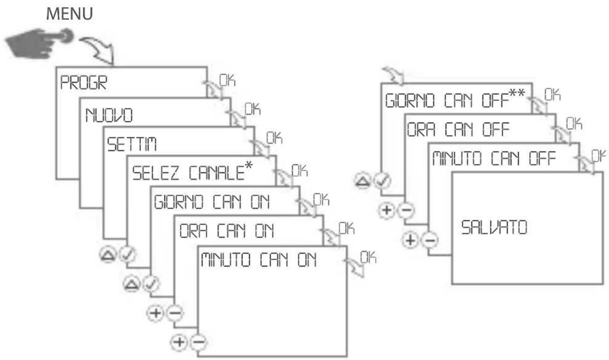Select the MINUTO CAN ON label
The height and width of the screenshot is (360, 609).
tap(258, 261)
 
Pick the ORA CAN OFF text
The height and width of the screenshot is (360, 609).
tap(458, 131)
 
